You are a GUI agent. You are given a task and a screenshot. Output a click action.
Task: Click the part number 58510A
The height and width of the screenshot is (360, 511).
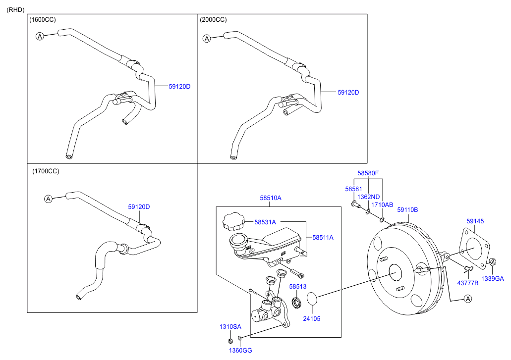click(x=271, y=198)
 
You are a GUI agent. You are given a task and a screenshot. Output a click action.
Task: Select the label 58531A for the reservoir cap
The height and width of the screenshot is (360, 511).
click(x=265, y=222)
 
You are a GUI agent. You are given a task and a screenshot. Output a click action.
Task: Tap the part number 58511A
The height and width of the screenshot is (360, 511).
click(x=323, y=238)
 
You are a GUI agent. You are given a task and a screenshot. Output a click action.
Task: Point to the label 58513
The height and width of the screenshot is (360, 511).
click(x=298, y=287)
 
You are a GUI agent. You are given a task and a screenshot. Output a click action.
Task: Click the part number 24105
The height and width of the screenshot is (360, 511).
click(x=312, y=319)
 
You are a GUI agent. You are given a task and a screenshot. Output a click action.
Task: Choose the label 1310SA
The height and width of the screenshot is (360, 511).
click(x=230, y=327)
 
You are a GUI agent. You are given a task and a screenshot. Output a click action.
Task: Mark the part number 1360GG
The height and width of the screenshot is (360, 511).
click(x=240, y=351)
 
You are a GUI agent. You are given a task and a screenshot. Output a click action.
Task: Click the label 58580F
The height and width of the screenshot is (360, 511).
click(x=368, y=173)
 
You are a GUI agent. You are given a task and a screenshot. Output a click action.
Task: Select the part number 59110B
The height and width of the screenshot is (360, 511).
click(x=407, y=210)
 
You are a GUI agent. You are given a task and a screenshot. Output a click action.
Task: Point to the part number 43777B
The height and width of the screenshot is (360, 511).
click(x=468, y=283)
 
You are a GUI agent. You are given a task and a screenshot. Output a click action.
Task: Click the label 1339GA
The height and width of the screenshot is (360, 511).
click(x=493, y=279)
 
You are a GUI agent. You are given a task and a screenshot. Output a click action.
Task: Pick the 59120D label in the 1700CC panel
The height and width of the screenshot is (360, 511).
click(x=139, y=207)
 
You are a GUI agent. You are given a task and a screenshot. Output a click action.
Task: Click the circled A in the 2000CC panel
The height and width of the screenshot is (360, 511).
click(x=207, y=39)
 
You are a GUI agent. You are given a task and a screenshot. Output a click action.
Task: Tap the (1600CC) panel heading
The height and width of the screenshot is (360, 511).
click(x=43, y=20)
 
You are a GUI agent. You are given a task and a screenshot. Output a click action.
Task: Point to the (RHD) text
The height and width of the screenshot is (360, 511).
click(x=15, y=9)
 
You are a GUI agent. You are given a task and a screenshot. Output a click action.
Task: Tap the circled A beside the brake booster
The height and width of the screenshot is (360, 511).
click(x=468, y=299)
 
